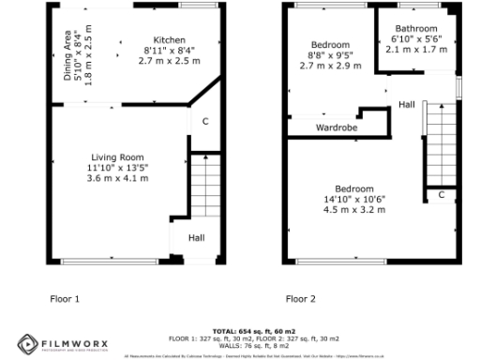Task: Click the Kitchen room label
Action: point(170,40)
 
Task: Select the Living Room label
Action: point(116,157)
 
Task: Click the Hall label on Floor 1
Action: point(196,238)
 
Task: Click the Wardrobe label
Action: point(335,127)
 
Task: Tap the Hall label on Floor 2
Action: point(406,104)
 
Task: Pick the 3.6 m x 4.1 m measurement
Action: point(116,178)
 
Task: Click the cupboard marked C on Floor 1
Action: point(205,120)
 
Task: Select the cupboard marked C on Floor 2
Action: point(440,194)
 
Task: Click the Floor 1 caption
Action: point(65,299)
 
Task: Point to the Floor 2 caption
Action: point(301,299)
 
